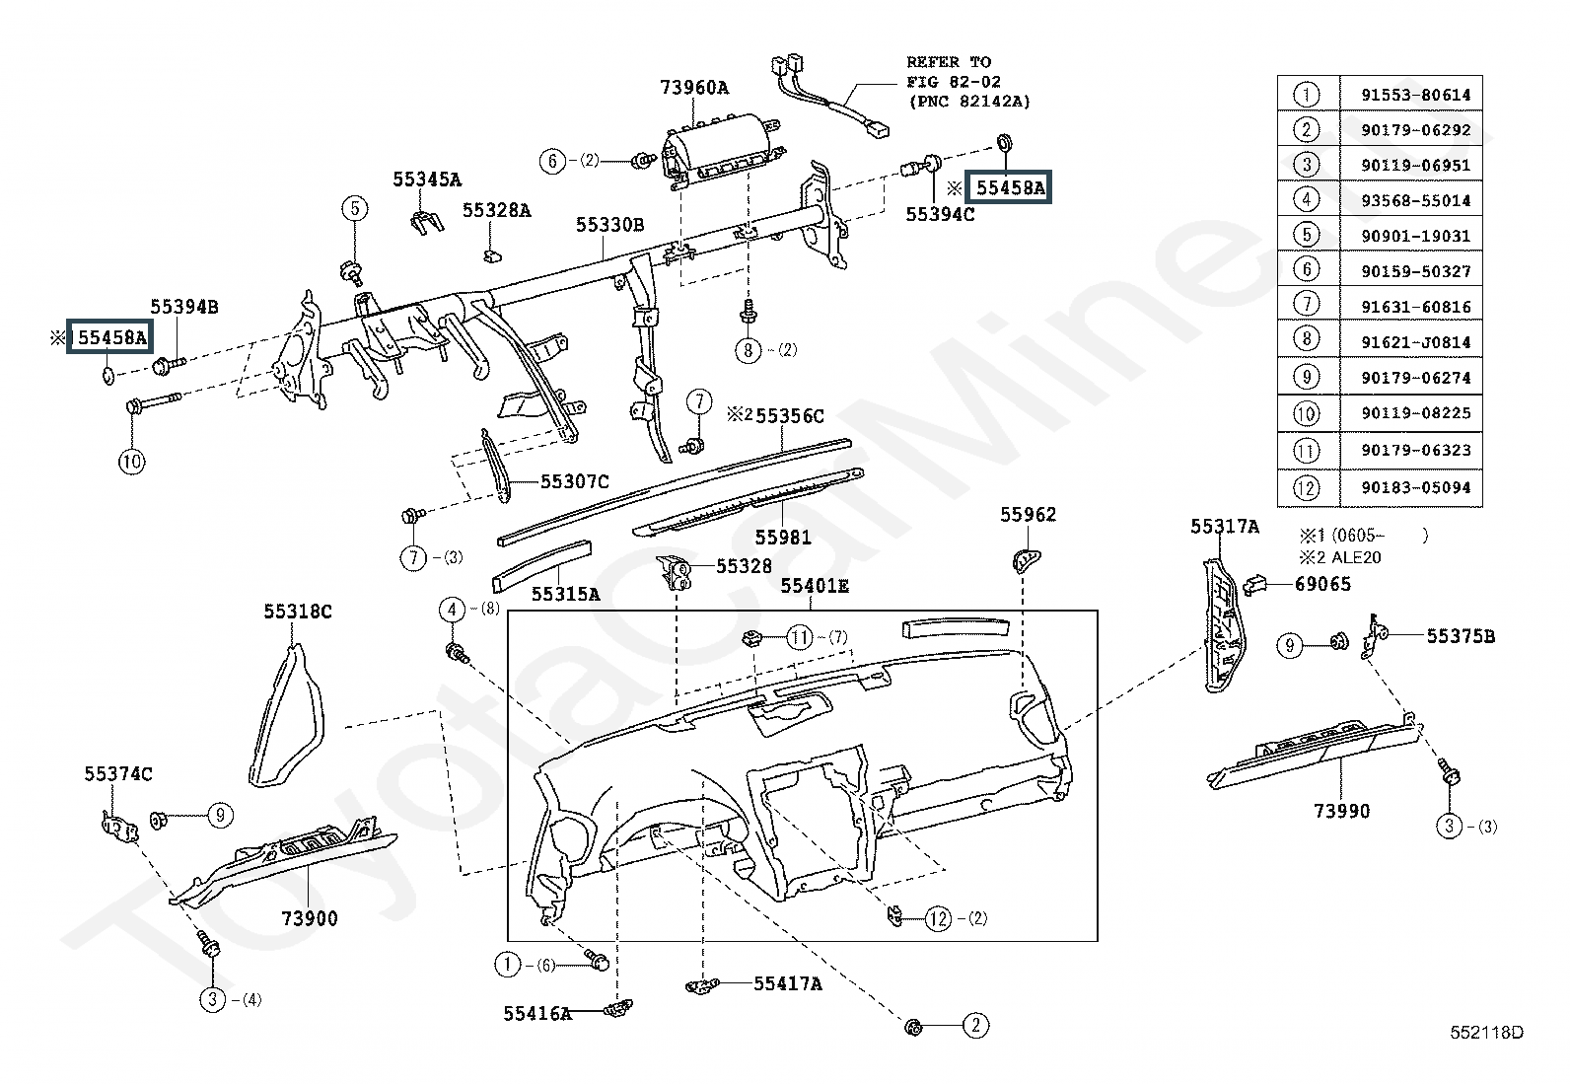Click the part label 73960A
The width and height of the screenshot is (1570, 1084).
[694, 88]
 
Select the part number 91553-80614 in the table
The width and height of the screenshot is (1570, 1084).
[1416, 95]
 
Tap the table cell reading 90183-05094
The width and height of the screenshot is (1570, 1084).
[1416, 487]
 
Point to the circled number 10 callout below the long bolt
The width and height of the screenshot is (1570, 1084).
[132, 462]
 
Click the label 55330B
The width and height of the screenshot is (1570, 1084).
[609, 224]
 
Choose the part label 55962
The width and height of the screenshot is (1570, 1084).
[1028, 515]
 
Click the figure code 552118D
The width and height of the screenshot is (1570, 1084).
[1486, 1032]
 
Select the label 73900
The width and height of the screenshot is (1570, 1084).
[309, 918]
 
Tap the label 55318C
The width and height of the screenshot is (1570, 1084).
[298, 612]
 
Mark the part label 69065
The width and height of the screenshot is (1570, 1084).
[1322, 584]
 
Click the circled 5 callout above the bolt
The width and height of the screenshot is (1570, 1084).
[355, 208]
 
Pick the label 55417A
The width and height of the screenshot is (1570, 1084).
[788, 983]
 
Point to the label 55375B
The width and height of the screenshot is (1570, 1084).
[1461, 636]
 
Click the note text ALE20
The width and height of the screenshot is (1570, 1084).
[1356, 557]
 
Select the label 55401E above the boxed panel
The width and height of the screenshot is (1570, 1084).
[815, 586]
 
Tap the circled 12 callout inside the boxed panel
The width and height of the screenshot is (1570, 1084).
[939, 918]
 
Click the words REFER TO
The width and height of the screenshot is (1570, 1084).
[949, 62]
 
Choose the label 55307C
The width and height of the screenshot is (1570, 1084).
[575, 481]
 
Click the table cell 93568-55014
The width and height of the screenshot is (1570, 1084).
[1416, 200]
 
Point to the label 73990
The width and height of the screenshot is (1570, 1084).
[1341, 811]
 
